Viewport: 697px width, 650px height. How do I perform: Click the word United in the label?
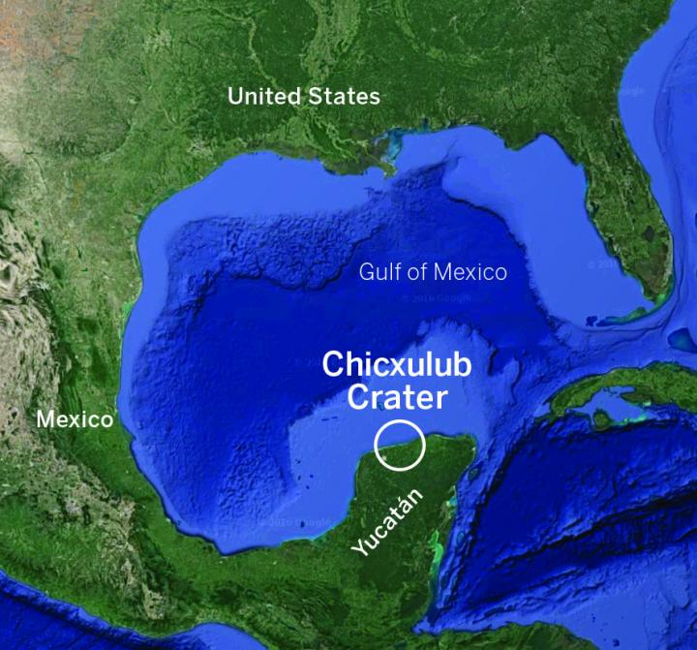point(261,96)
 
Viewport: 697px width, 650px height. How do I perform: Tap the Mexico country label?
point(75,419)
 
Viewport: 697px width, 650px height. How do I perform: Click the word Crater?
point(397,396)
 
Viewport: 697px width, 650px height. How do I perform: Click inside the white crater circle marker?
point(400,445)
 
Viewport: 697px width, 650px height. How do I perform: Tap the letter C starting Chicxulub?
point(332,365)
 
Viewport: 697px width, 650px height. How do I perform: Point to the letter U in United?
point(235,96)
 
